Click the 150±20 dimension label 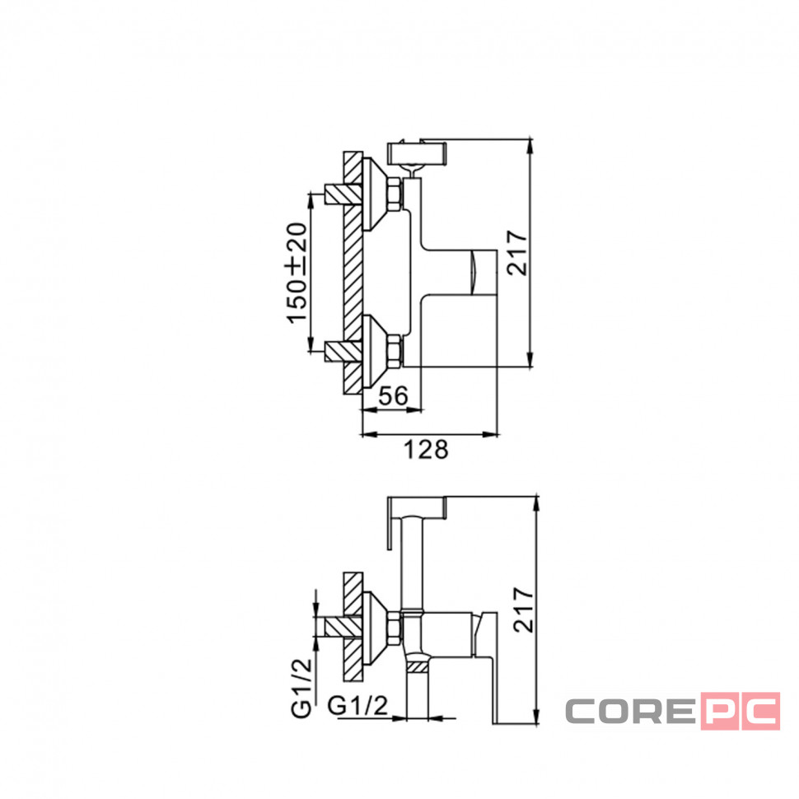(297, 273)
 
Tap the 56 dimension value (394, 396)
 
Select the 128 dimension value (426, 450)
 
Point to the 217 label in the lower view (523, 610)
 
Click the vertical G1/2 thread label (301, 688)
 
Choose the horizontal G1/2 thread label (357, 706)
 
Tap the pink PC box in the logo (741, 710)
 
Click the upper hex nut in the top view (395, 194)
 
